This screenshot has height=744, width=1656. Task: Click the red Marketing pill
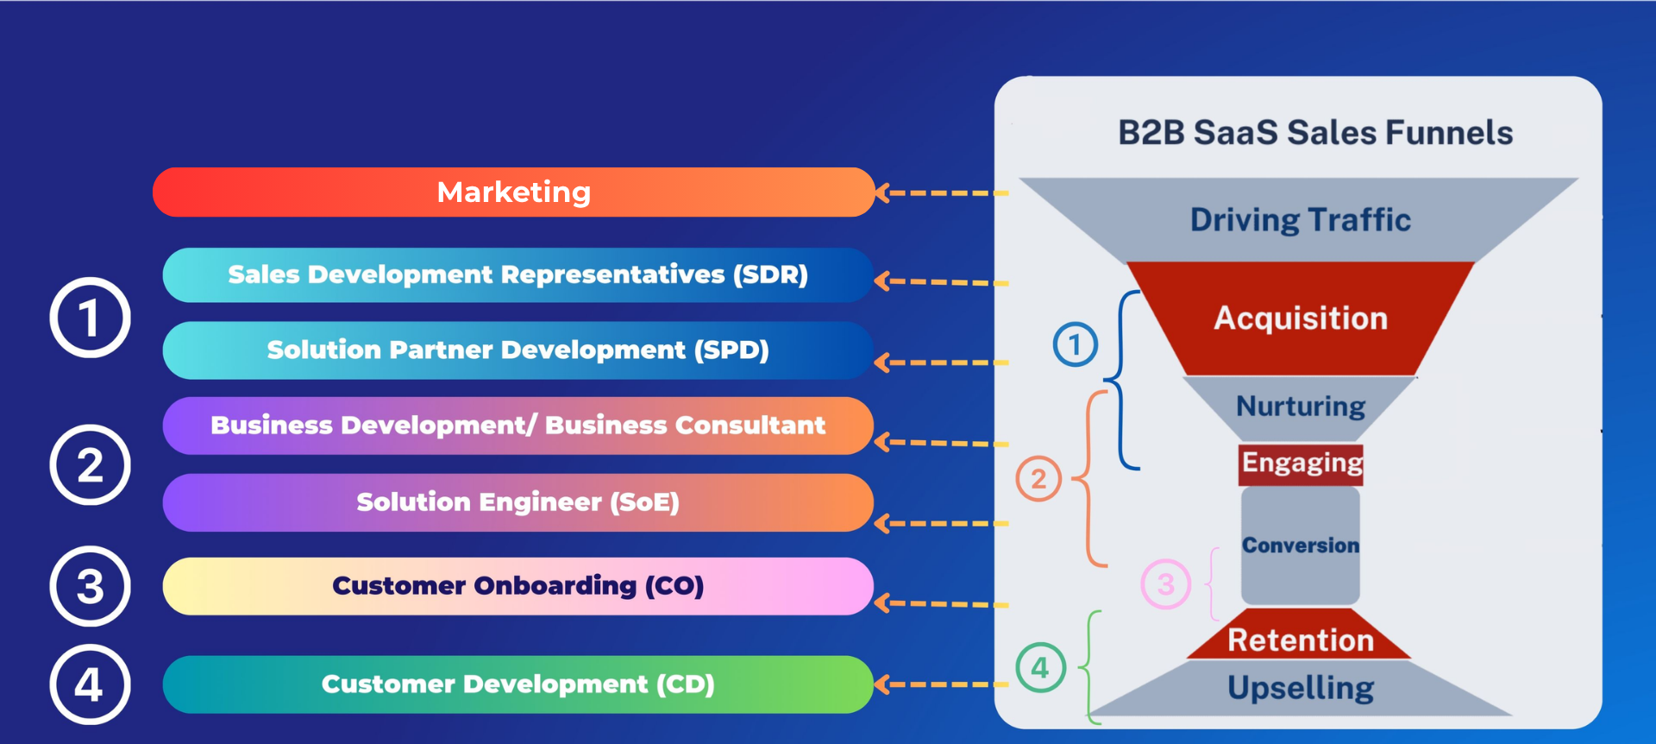click(x=514, y=192)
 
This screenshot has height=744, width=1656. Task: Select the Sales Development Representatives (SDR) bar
click(x=517, y=274)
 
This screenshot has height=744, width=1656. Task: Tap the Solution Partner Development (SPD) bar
click(x=517, y=350)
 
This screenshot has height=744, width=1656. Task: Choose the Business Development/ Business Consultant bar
click(x=517, y=426)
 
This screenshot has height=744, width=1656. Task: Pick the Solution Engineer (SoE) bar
click(x=517, y=502)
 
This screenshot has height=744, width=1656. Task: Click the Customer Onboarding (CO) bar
click(x=517, y=586)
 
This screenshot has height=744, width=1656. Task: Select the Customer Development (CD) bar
click(x=517, y=684)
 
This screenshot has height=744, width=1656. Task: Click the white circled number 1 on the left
click(x=90, y=318)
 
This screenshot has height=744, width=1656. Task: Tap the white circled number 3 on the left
click(x=90, y=587)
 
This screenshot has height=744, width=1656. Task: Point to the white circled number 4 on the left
click(x=90, y=685)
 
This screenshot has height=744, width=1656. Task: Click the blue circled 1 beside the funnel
click(x=1076, y=344)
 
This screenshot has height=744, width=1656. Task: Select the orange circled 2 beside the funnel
click(x=1038, y=479)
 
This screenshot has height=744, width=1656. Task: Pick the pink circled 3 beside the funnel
click(x=1166, y=584)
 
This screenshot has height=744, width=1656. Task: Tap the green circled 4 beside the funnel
click(x=1040, y=667)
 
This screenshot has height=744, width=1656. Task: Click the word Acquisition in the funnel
click(x=1301, y=318)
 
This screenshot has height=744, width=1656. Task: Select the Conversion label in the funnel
click(x=1301, y=545)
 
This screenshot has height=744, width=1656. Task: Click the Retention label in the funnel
click(x=1301, y=640)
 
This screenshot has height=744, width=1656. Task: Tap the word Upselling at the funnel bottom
click(x=1301, y=688)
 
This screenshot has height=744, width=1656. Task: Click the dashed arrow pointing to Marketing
click(x=942, y=193)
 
